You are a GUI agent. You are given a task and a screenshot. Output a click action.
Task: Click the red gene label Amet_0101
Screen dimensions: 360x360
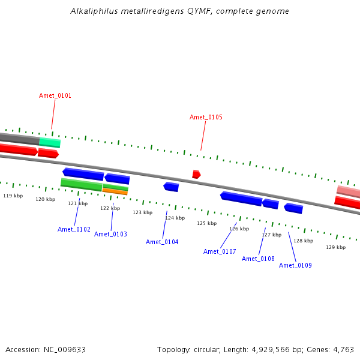(55, 95)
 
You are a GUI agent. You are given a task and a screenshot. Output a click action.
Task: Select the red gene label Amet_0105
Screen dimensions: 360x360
(206, 117)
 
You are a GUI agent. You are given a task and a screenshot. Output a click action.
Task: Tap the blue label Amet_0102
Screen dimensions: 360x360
(74, 229)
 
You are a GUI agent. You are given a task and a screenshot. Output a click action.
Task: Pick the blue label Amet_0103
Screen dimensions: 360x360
(110, 234)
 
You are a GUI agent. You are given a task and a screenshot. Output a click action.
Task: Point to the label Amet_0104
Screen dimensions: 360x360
(162, 242)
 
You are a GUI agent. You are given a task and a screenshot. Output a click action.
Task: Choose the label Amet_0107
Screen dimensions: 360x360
(220, 251)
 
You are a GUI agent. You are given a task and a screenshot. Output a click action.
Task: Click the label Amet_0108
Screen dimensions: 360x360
(258, 259)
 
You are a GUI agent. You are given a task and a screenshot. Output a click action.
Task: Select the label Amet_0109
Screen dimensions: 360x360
(295, 265)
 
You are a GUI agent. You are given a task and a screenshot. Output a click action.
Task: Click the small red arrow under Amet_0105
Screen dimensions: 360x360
(196, 174)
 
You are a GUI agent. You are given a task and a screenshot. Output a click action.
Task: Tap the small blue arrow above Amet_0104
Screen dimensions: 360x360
(171, 187)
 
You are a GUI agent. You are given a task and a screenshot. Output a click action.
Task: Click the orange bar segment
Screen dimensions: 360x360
(115, 191)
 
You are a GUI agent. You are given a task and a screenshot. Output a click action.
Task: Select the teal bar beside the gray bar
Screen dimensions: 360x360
(50, 142)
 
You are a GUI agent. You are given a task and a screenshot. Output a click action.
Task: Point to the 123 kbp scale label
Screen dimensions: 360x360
(143, 212)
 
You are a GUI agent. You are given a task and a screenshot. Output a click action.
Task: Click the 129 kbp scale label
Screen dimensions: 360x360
(335, 247)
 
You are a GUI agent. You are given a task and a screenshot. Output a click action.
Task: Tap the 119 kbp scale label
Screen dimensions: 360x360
(13, 196)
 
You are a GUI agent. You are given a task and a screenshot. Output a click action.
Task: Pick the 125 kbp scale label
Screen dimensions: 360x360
(207, 223)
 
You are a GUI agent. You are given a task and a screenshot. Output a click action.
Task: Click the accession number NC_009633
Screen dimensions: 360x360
(65, 350)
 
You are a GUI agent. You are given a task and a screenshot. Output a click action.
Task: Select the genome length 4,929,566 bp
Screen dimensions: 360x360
(278, 350)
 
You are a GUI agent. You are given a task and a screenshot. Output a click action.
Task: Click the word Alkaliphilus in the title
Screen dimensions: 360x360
(94, 11)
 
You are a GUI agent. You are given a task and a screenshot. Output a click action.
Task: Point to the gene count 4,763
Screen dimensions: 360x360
(343, 350)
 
